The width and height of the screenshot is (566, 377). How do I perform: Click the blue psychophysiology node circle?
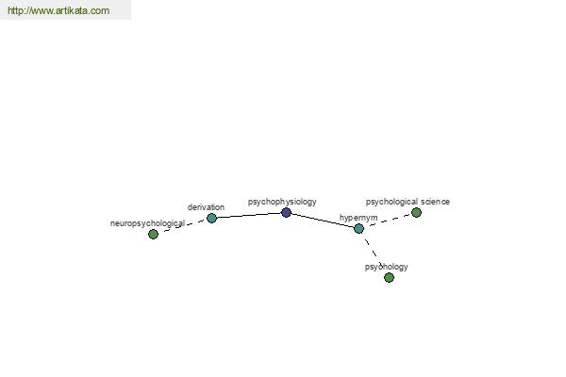(286, 212)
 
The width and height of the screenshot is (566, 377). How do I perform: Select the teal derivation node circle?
(211, 218)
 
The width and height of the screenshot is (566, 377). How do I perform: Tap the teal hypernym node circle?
(358, 228)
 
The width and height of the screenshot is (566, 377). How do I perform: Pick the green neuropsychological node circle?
(153, 234)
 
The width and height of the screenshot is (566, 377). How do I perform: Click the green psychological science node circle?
(416, 212)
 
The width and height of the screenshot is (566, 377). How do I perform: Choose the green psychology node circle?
(389, 277)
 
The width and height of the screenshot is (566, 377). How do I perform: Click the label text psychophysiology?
(282, 202)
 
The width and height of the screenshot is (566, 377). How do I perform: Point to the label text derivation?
(206, 207)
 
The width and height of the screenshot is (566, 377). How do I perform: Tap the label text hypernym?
(358, 218)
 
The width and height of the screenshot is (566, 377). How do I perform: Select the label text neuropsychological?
(147, 223)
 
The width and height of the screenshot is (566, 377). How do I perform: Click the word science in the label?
(435, 202)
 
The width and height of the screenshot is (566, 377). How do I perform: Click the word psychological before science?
(392, 202)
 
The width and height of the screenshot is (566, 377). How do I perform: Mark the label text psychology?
(386, 267)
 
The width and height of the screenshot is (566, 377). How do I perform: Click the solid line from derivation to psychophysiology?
(249, 216)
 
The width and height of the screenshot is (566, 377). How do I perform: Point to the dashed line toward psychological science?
(390, 220)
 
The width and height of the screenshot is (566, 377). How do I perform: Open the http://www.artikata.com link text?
(58, 10)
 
